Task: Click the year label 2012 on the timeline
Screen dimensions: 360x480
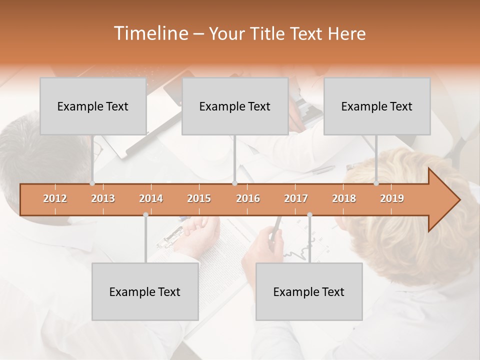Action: coord(55,198)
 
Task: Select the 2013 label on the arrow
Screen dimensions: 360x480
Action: coord(103,198)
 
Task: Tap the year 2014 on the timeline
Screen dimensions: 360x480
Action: coord(151,198)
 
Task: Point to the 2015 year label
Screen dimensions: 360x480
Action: coord(199,198)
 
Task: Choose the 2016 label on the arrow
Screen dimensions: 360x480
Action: coord(248,198)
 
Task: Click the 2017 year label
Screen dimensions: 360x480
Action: coord(296,198)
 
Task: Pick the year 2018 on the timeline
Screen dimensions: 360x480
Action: coord(344,198)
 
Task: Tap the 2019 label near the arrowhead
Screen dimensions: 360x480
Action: coord(392,198)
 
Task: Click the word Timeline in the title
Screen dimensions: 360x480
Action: coord(149,33)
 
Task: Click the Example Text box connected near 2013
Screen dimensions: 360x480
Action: coord(93,106)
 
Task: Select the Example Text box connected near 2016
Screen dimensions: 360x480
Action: coord(235,106)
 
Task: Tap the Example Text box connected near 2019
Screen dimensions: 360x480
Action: coord(377,106)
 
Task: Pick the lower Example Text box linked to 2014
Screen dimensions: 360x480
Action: coord(145,291)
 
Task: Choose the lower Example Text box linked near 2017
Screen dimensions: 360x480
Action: coord(309,291)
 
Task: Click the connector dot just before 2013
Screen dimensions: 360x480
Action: coord(92,183)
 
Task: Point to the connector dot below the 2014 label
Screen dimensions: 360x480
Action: coord(145,214)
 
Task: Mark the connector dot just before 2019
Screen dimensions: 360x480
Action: coord(376,183)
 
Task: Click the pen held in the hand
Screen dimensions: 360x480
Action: coord(275,227)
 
